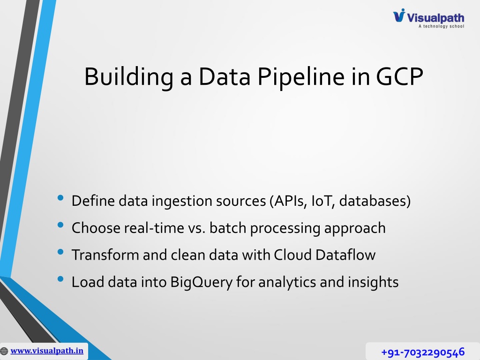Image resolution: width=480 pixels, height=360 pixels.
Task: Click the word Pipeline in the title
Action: (301, 77)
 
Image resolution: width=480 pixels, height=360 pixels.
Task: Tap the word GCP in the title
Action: (399, 76)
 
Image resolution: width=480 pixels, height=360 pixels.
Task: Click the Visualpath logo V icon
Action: (399, 15)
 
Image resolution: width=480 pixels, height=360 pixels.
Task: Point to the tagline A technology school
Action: (442, 26)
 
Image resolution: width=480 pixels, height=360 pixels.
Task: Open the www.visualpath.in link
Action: (47, 351)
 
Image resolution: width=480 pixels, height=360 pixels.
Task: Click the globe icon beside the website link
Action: (4, 351)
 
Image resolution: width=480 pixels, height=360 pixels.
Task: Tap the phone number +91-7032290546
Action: (423, 352)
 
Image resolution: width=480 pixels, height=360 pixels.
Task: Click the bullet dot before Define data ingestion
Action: (60, 198)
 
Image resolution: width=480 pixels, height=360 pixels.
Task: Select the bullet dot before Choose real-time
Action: (60, 225)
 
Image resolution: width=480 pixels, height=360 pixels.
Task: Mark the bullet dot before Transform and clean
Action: (60, 252)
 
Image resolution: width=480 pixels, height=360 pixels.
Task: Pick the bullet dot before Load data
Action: (60, 279)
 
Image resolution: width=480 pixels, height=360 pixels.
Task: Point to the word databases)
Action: (375, 201)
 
